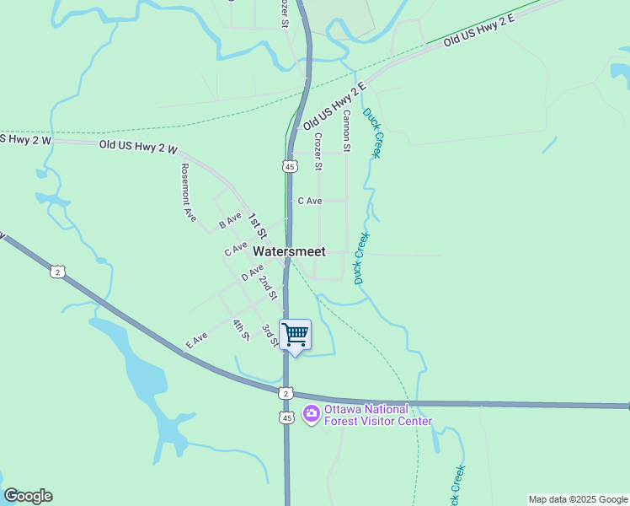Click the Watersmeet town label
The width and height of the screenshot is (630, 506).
pyautogui.click(x=289, y=251)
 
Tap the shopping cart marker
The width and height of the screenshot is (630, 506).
pyautogui.click(x=295, y=335)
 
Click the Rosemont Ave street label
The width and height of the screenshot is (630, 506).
pyautogui.click(x=188, y=191)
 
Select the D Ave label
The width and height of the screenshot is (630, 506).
pyautogui.click(x=252, y=272)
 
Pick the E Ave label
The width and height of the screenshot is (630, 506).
pyautogui.click(x=196, y=340)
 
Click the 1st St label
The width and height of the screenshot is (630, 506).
pyautogui.click(x=256, y=225)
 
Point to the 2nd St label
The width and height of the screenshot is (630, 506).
pyautogui.click(x=268, y=287)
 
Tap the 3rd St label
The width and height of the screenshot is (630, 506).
pyautogui.click(x=269, y=335)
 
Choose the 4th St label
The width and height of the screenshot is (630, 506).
pyautogui.click(x=242, y=329)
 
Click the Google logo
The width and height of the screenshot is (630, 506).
pyautogui.click(x=28, y=496)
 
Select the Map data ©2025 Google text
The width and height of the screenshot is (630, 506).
pyautogui.click(x=579, y=499)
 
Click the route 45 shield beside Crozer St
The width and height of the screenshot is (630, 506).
pyautogui.click(x=290, y=166)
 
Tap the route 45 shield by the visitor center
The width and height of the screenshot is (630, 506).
pyautogui.click(x=287, y=417)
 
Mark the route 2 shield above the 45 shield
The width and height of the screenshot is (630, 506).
pyautogui.click(x=287, y=394)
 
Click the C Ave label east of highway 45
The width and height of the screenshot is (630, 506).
pyautogui.click(x=310, y=201)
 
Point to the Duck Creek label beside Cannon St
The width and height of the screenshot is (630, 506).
pyautogui.click(x=372, y=132)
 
